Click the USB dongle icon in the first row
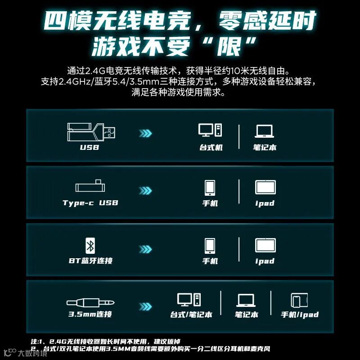(x=91, y=132)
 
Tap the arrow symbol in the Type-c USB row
(x=145, y=190)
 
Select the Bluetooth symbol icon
(x=90, y=246)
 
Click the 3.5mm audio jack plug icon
(x=90, y=302)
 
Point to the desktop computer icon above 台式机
(x=210, y=130)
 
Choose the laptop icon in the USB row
(x=264, y=131)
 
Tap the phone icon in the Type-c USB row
(x=210, y=188)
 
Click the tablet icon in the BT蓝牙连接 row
(x=265, y=245)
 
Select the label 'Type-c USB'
(x=90, y=203)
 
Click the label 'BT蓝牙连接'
(x=91, y=261)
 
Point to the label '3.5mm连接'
(x=90, y=314)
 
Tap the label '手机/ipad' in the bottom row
(x=300, y=314)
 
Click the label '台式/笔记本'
(x=191, y=314)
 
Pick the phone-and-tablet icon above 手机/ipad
(x=299, y=300)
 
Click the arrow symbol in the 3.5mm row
(x=145, y=306)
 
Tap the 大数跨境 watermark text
(x=32, y=353)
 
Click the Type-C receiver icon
(x=90, y=186)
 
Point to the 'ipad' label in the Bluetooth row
(x=265, y=261)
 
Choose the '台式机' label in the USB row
(x=211, y=147)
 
